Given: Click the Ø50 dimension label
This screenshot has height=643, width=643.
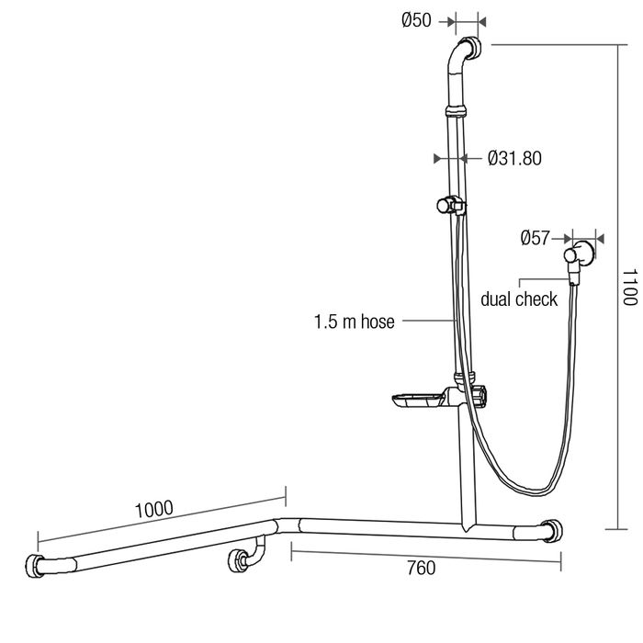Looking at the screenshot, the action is tap(416, 20).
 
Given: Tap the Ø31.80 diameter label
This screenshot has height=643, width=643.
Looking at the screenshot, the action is tap(514, 158).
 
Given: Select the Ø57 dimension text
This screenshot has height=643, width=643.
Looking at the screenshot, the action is tap(535, 238).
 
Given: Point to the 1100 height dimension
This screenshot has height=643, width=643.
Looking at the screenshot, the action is tap(630, 287).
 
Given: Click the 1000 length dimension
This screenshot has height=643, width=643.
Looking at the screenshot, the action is tap(153, 509).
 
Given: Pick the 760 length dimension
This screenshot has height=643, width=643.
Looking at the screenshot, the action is tap(421, 568).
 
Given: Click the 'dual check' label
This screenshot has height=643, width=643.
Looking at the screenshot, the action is tap(519, 299).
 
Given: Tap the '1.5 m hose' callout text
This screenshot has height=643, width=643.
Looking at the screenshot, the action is tap(354, 321).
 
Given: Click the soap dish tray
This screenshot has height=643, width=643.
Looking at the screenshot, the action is tap(417, 400).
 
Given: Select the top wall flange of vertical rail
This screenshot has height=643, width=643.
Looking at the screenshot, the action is tap(471, 47).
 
